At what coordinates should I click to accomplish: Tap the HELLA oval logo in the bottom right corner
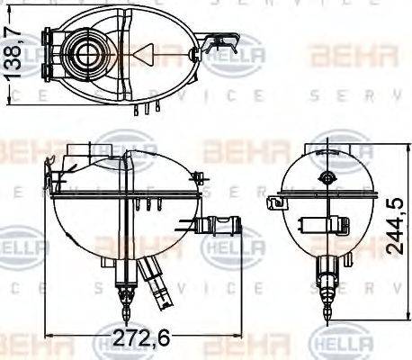tap(341, 343)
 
